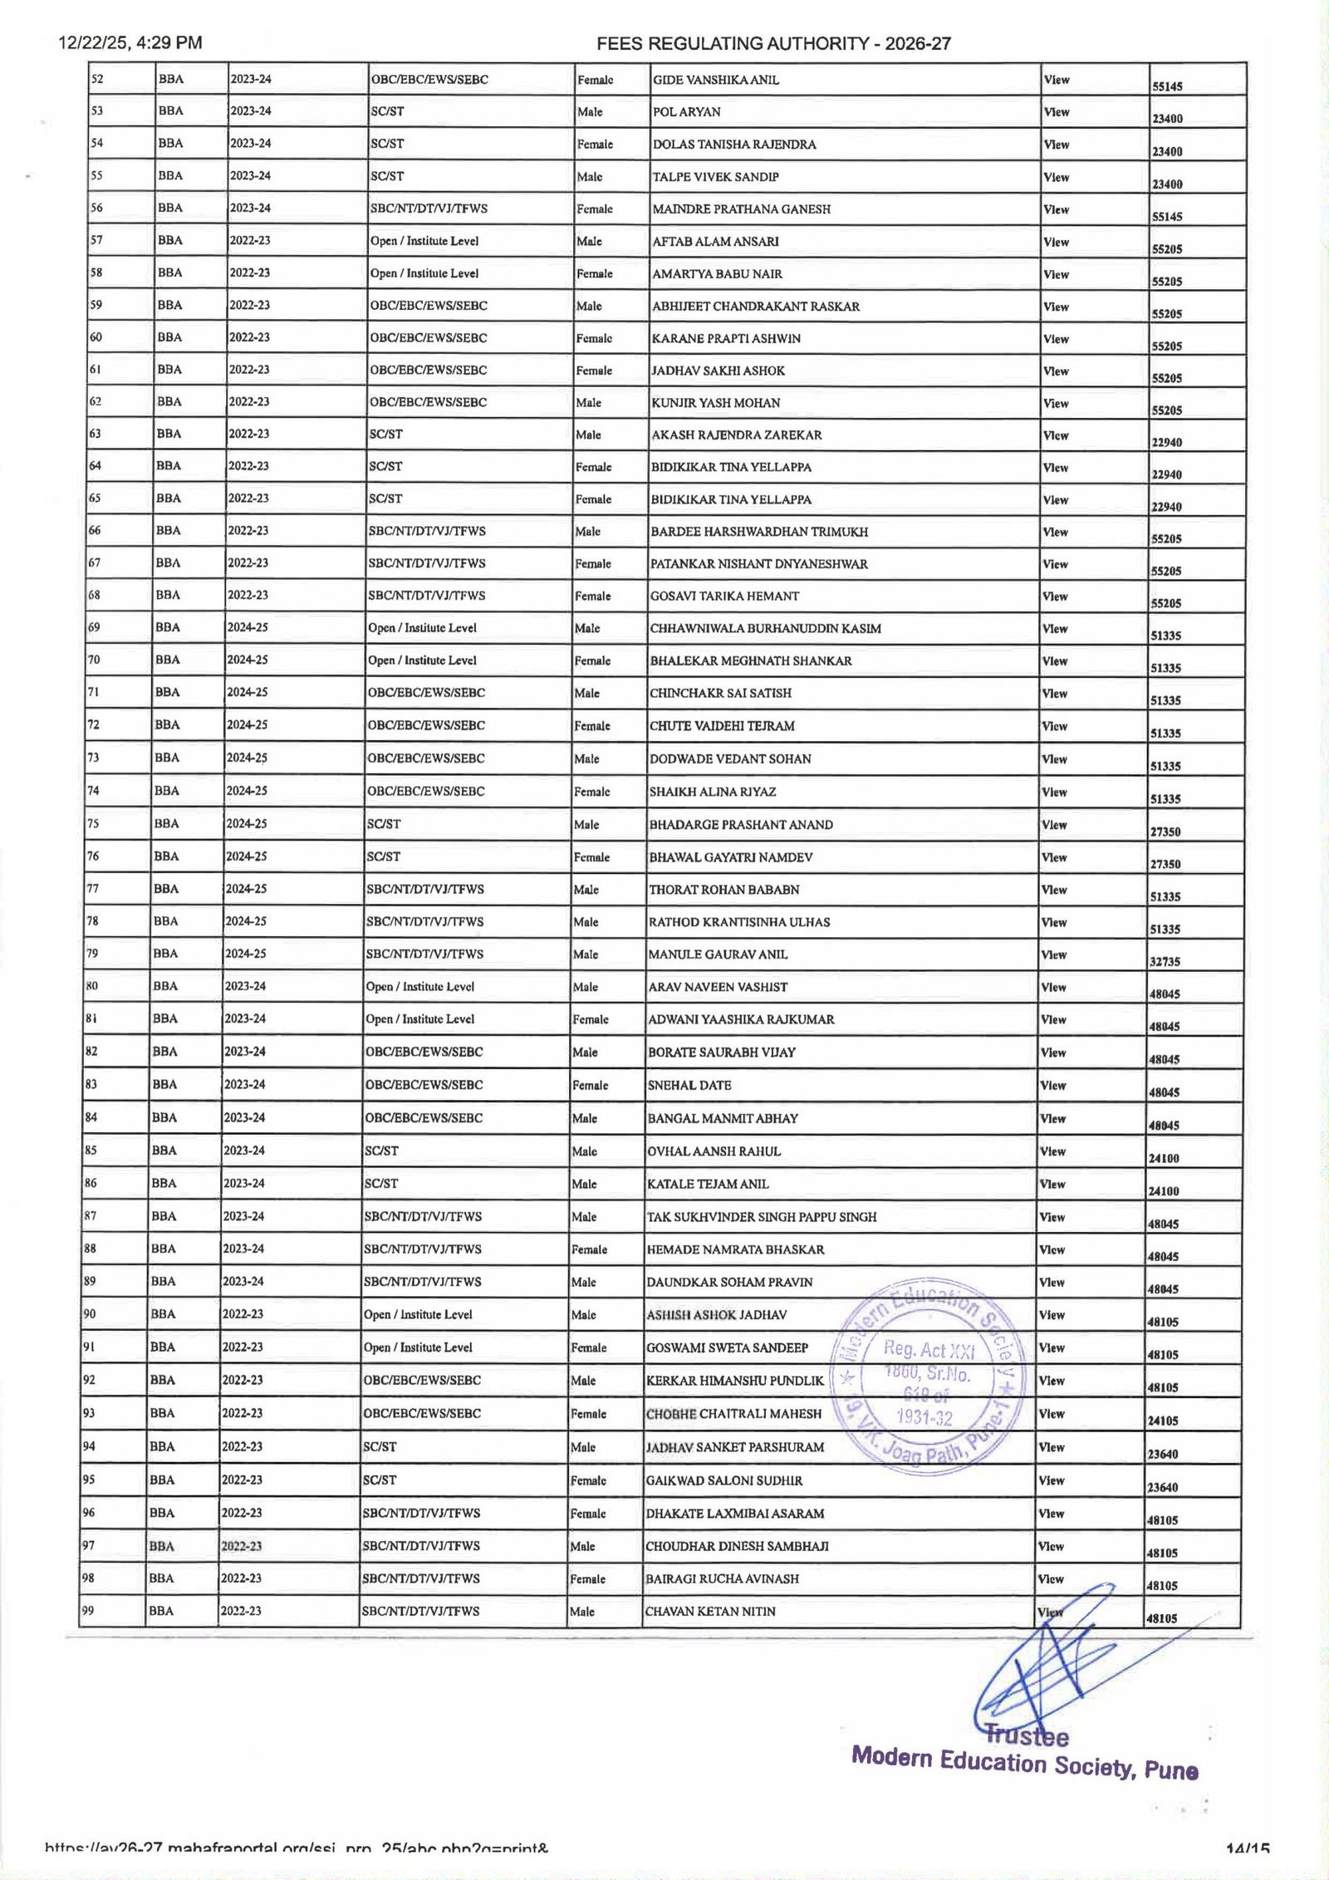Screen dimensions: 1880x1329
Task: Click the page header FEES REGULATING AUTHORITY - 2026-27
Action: (x=773, y=44)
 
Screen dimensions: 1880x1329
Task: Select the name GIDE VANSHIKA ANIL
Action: (x=716, y=81)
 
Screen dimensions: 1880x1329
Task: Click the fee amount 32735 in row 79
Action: (x=1165, y=961)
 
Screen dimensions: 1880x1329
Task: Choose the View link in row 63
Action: (x=1055, y=435)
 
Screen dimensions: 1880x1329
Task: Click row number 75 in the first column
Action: (x=94, y=823)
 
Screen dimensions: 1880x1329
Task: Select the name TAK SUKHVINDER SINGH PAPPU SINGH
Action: (x=762, y=1217)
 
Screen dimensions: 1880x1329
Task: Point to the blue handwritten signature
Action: (x=1055, y=1670)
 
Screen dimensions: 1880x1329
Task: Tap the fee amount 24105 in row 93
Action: (x=1163, y=1421)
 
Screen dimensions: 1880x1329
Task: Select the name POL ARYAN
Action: (x=687, y=112)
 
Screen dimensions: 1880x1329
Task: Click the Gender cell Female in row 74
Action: (x=591, y=792)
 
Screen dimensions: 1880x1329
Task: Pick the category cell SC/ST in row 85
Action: (x=382, y=1151)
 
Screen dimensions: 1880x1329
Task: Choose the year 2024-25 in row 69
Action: (x=248, y=628)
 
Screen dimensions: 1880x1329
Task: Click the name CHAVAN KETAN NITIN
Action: (x=710, y=1612)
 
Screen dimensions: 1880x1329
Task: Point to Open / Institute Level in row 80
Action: (x=420, y=987)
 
